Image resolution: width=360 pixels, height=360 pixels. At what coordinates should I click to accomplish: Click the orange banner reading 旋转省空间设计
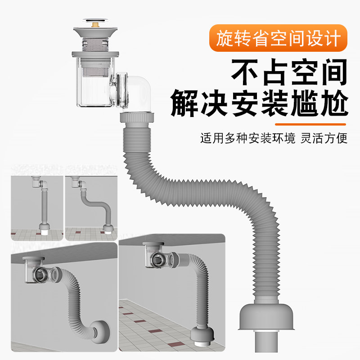[278, 39]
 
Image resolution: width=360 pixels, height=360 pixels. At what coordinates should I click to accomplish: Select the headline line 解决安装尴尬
[260, 104]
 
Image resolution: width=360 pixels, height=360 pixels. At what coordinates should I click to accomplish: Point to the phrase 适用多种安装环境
[247, 138]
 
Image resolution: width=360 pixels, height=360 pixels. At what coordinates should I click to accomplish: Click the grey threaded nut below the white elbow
[137, 119]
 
